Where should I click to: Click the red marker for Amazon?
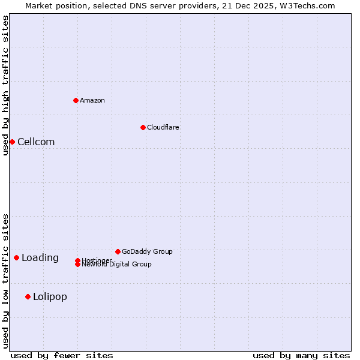coord(76,100)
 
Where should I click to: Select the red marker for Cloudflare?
coord(143,127)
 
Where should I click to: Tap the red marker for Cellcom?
coord(12,142)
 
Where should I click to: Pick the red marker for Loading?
coord(16,257)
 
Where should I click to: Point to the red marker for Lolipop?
coord(28,296)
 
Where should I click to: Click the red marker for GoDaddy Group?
coord(118,251)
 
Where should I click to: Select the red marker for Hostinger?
coord(78,260)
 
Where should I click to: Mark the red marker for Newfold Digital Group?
coord(78,265)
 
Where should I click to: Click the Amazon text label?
coord(92,100)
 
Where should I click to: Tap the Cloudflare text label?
coord(163,127)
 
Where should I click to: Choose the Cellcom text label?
coord(36,142)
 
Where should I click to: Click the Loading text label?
coord(40,258)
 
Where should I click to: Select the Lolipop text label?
coord(50,296)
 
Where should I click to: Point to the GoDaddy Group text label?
coord(147,251)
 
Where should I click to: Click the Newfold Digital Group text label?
coord(117,265)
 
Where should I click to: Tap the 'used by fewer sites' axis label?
coord(62,355)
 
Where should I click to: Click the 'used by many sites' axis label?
coord(301,355)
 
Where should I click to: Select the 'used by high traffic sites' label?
coord(6,85)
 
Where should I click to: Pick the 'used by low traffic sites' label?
coord(6,280)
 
